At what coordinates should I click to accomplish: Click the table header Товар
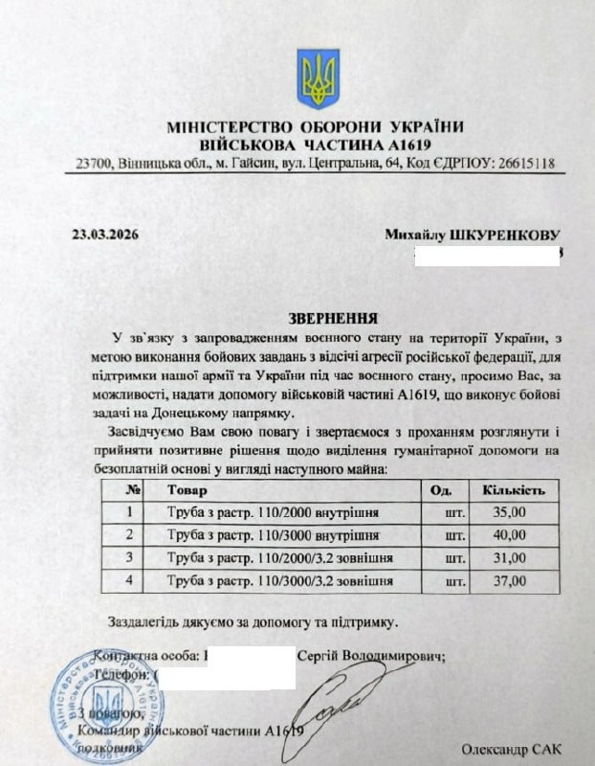pos(186,490)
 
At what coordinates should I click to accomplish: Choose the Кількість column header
pos(514,490)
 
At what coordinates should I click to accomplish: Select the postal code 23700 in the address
pos(92,163)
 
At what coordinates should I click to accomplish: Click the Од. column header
pos(442,490)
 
